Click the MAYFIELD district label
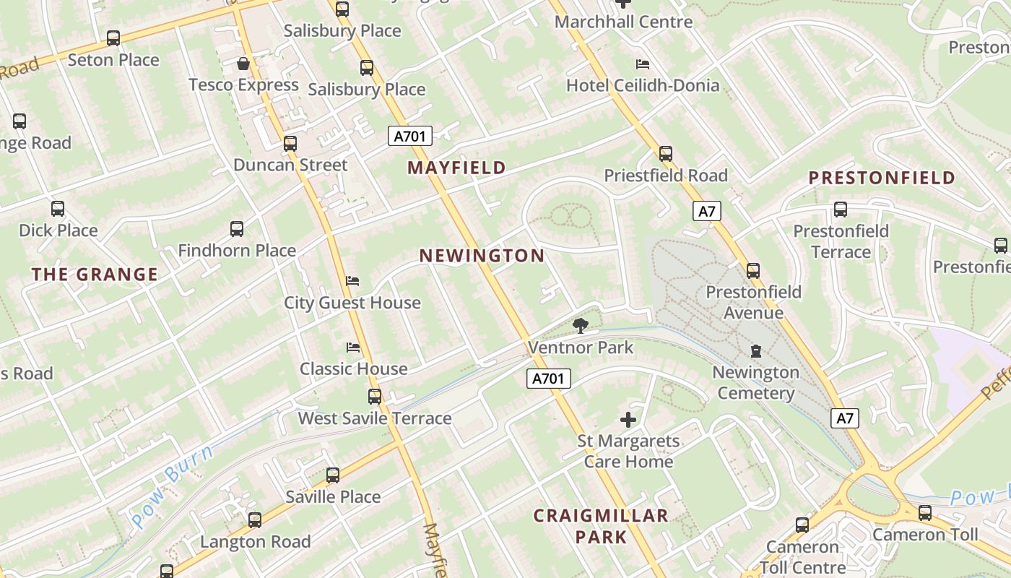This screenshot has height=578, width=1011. coord(456,168)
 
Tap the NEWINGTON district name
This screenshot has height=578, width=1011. coord(482,256)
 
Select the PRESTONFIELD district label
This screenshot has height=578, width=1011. coord(882,178)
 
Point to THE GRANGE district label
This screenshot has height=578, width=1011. coord(95,275)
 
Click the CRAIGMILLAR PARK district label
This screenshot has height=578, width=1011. coord(601,526)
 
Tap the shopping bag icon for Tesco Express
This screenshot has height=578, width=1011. coord(243,64)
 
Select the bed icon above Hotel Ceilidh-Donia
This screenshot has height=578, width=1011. coord(642,64)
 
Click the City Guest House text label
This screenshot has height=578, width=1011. coord(352,303)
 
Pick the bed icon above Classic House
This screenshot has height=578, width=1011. coord(353,348)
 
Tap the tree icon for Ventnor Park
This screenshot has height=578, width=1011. coord(580,326)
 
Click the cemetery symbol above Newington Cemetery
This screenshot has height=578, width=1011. coord(755,351)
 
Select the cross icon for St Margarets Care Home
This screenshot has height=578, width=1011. coord(628,419)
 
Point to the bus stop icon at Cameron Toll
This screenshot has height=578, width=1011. coord(925,513)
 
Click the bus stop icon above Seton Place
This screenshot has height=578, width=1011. coord(113,38)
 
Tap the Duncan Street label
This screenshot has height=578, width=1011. coord(290,165)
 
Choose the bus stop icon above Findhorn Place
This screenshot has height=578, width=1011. coord(237,229)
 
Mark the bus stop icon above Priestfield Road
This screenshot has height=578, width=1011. coord(666,153)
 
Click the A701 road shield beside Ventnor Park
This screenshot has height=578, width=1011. coord(549,378)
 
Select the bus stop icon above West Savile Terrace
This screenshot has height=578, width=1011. coord(375,396)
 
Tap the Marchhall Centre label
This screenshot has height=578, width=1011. coord(623,22)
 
